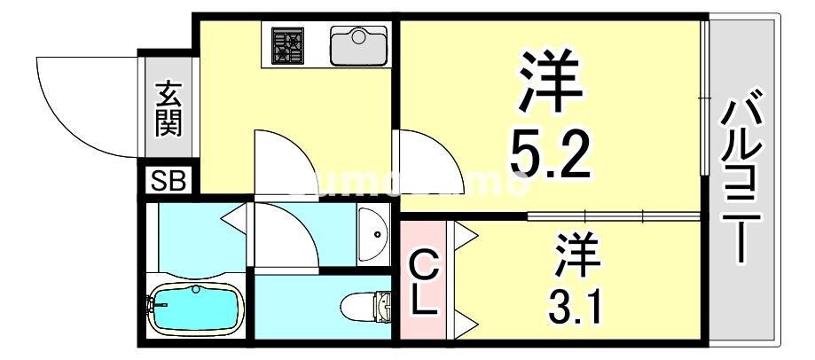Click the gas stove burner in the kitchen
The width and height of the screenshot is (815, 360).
287,45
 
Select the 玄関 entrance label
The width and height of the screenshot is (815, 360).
168,109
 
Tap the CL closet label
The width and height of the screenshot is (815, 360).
424,281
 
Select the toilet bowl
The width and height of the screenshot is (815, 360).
364,307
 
